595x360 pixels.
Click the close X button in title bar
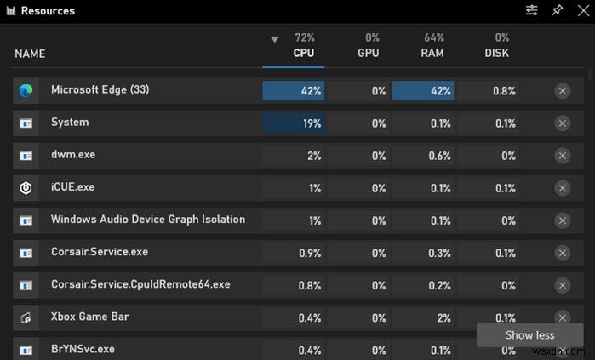[582, 11]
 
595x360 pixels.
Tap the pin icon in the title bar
[558, 11]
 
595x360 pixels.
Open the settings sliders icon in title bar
[532, 11]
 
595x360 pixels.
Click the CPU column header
[304, 53]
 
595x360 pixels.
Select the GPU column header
[369, 53]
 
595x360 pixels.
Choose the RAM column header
[433, 53]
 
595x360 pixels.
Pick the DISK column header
[496, 53]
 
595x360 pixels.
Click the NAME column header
[30, 54]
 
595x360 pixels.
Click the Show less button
[529, 334]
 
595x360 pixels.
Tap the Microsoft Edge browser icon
[26, 90]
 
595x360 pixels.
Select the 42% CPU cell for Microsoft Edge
[294, 91]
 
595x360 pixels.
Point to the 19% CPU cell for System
[294, 123]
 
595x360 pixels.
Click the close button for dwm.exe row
[562, 156]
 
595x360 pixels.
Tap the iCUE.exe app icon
[26, 187]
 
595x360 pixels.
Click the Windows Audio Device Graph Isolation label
[148, 220]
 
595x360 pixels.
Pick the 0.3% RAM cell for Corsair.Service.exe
[423, 253]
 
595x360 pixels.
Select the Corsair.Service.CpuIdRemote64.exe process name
[140, 284]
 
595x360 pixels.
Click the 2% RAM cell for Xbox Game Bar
[423, 317]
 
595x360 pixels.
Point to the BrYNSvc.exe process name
[83, 349]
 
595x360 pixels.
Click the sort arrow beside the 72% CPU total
[274, 39]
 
